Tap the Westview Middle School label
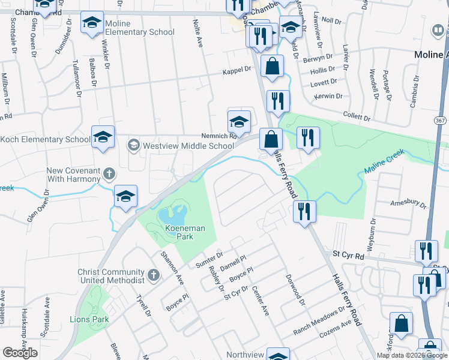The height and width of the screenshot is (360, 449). (x=188, y=146)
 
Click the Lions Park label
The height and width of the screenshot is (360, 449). (x=89, y=319)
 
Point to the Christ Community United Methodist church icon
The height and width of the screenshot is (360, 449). (x=154, y=275)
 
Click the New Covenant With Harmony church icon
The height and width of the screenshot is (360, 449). (x=109, y=173)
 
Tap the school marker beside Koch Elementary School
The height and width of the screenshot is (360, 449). (x=103, y=137)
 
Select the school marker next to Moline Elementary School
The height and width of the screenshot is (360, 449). (x=92, y=23)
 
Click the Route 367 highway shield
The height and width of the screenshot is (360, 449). (x=440, y=121)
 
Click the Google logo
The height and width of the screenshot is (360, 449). (x=20, y=353)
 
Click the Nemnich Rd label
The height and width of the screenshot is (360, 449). (x=212, y=136)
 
